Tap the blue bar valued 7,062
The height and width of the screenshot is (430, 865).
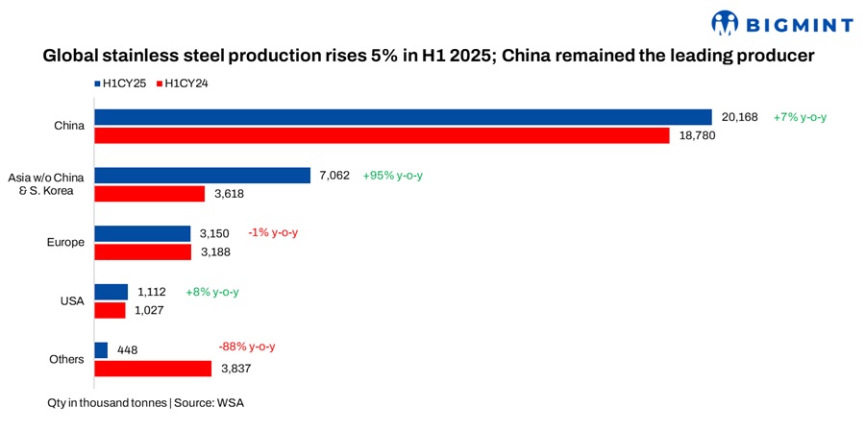202,176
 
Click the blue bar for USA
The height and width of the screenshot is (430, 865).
111,292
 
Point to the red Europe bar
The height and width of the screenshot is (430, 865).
142,252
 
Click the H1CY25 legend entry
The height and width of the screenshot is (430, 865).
121,84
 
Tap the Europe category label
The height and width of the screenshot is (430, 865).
66,243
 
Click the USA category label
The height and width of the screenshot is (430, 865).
73,301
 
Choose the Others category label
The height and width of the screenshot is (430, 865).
67,360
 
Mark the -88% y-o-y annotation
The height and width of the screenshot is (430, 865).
254,346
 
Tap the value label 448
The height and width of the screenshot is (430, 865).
126,350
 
